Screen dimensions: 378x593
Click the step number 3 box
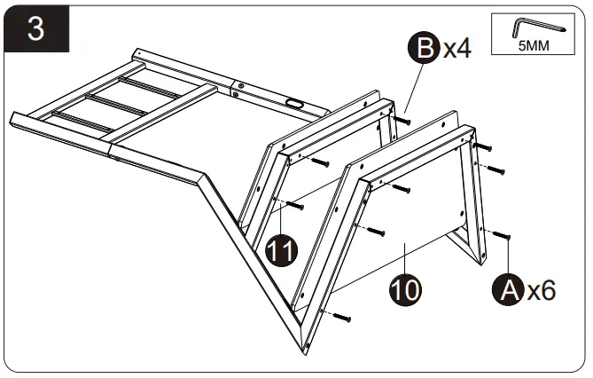(x=35, y=28)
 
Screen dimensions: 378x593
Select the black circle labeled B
(x=425, y=49)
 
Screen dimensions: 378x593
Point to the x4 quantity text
(x=456, y=49)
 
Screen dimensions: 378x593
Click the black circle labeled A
(x=508, y=290)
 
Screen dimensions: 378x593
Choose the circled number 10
(x=404, y=289)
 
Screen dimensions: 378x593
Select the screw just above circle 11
(x=296, y=205)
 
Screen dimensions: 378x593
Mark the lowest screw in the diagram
(x=342, y=317)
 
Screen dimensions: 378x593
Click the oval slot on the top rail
(x=293, y=105)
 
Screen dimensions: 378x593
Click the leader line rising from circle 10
(x=404, y=262)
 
